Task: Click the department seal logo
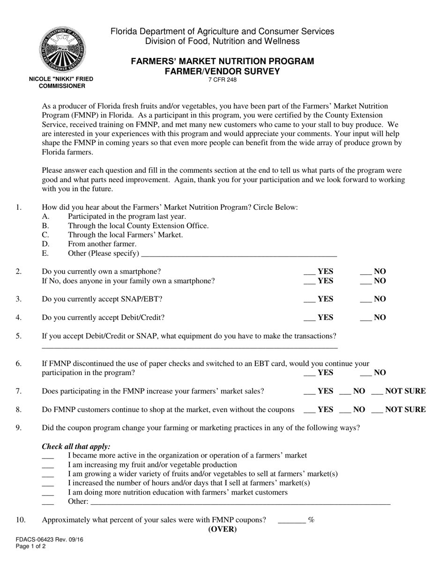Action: coord(62,50)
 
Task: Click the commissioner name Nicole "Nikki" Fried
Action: coord(61,79)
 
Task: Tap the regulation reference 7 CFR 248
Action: coord(222,80)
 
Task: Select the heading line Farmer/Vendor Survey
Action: coord(222,71)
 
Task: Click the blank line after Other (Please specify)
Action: coord(238,254)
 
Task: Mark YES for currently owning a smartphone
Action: coord(310,272)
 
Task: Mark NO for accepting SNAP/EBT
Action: coord(365,299)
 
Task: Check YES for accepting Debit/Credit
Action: coord(310,318)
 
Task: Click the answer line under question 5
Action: coord(190,347)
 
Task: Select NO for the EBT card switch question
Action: coord(365,373)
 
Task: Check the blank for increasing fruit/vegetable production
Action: coord(48,465)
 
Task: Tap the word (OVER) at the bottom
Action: coord(222,530)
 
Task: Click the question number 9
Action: coord(18,428)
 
